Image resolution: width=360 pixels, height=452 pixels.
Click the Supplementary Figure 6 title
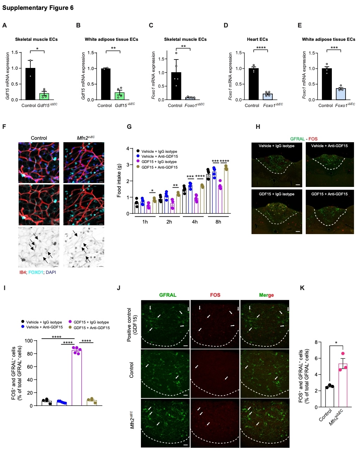click(x=38, y=8)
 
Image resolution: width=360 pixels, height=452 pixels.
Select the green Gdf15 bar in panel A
click(x=44, y=96)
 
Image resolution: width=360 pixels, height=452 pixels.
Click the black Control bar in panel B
click(x=105, y=84)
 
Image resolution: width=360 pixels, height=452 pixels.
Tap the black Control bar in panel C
click(x=176, y=86)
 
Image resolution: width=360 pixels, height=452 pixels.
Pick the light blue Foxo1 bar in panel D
click(x=268, y=96)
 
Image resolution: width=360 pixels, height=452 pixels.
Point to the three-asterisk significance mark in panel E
click(x=334, y=48)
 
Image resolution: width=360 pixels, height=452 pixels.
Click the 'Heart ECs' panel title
click(x=257, y=39)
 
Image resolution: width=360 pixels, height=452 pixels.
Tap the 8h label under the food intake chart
click(x=218, y=222)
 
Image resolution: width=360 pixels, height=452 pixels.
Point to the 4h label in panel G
click(x=195, y=222)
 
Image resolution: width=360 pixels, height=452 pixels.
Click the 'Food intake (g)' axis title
click(x=119, y=180)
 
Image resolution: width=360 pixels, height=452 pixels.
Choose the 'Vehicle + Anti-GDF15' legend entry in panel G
click(x=160, y=156)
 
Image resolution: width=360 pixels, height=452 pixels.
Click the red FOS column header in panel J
click(x=215, y=295)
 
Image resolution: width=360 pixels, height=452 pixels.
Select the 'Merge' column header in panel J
click(x=266, y=295)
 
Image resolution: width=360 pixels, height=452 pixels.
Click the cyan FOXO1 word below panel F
click(x=36, y=272)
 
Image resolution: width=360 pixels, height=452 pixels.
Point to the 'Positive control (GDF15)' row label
click(x=131, y=325)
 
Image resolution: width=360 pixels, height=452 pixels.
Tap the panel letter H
click(x=258, y=127)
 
